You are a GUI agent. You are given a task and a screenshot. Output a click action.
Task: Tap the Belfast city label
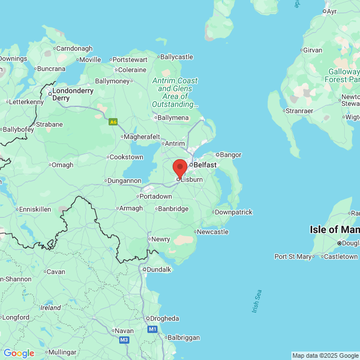coord(205,165)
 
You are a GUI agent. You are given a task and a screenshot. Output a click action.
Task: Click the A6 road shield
coord(113,121)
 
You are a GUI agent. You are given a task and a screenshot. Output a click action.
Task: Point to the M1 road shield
coord(152,329)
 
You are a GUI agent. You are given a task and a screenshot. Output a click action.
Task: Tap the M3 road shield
coord(124,340)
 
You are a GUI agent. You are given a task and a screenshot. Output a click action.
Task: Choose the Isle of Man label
coord(334,229)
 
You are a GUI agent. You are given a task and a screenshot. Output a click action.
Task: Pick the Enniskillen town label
coord(35,209)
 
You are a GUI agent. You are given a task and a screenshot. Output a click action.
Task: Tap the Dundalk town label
coord(159,269)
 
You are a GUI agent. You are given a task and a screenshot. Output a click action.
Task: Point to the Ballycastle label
coord(176,57)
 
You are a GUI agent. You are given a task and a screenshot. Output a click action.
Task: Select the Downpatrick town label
coord(234,212)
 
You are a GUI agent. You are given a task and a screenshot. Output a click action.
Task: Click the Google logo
coord(19,353)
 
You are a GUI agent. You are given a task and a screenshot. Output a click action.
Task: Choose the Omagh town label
coord(62,165)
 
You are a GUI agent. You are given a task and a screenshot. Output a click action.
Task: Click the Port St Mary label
coord(292,256)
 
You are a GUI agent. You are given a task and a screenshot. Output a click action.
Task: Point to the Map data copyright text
coord(325,355)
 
